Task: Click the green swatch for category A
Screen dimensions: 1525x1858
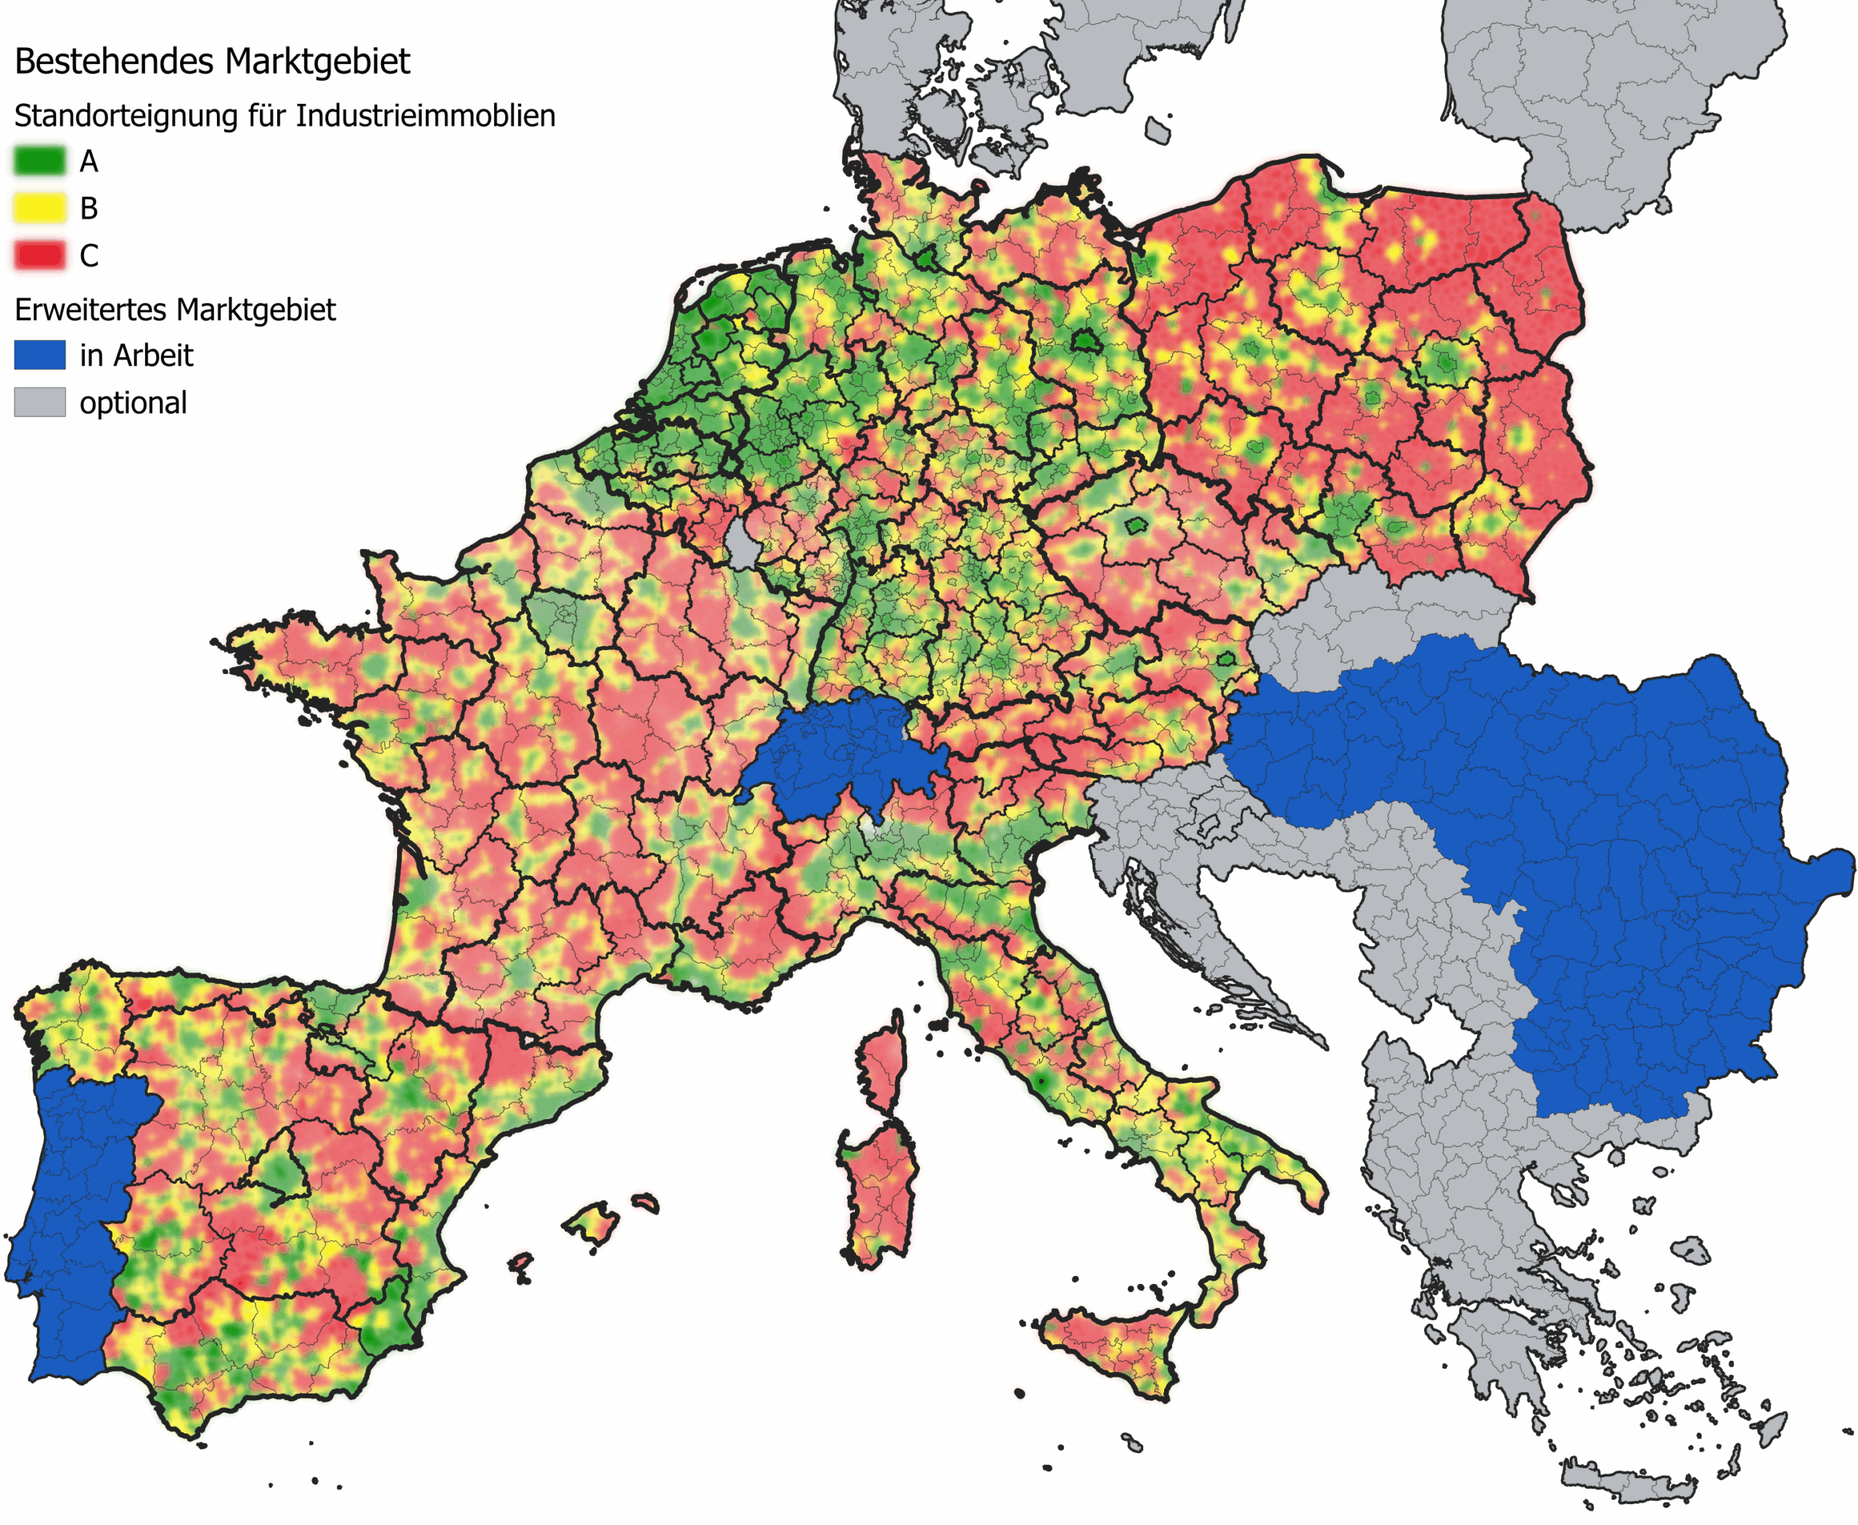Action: click(39, 160)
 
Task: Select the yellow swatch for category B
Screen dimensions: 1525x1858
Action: click(39, 208)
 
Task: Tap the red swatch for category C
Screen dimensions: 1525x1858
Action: click(39, 256)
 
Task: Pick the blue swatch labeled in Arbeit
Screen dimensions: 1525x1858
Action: click(39, 355)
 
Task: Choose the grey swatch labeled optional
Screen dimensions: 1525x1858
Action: click(39, 402)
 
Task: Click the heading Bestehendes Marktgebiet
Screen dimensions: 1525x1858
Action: click(212, 62)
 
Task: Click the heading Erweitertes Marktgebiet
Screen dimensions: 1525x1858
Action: click(175, 309)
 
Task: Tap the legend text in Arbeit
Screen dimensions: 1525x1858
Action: click(136, 355)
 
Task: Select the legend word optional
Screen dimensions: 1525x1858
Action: click(133, 402)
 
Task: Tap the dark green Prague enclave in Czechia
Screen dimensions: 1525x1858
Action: click(1137, 525)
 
